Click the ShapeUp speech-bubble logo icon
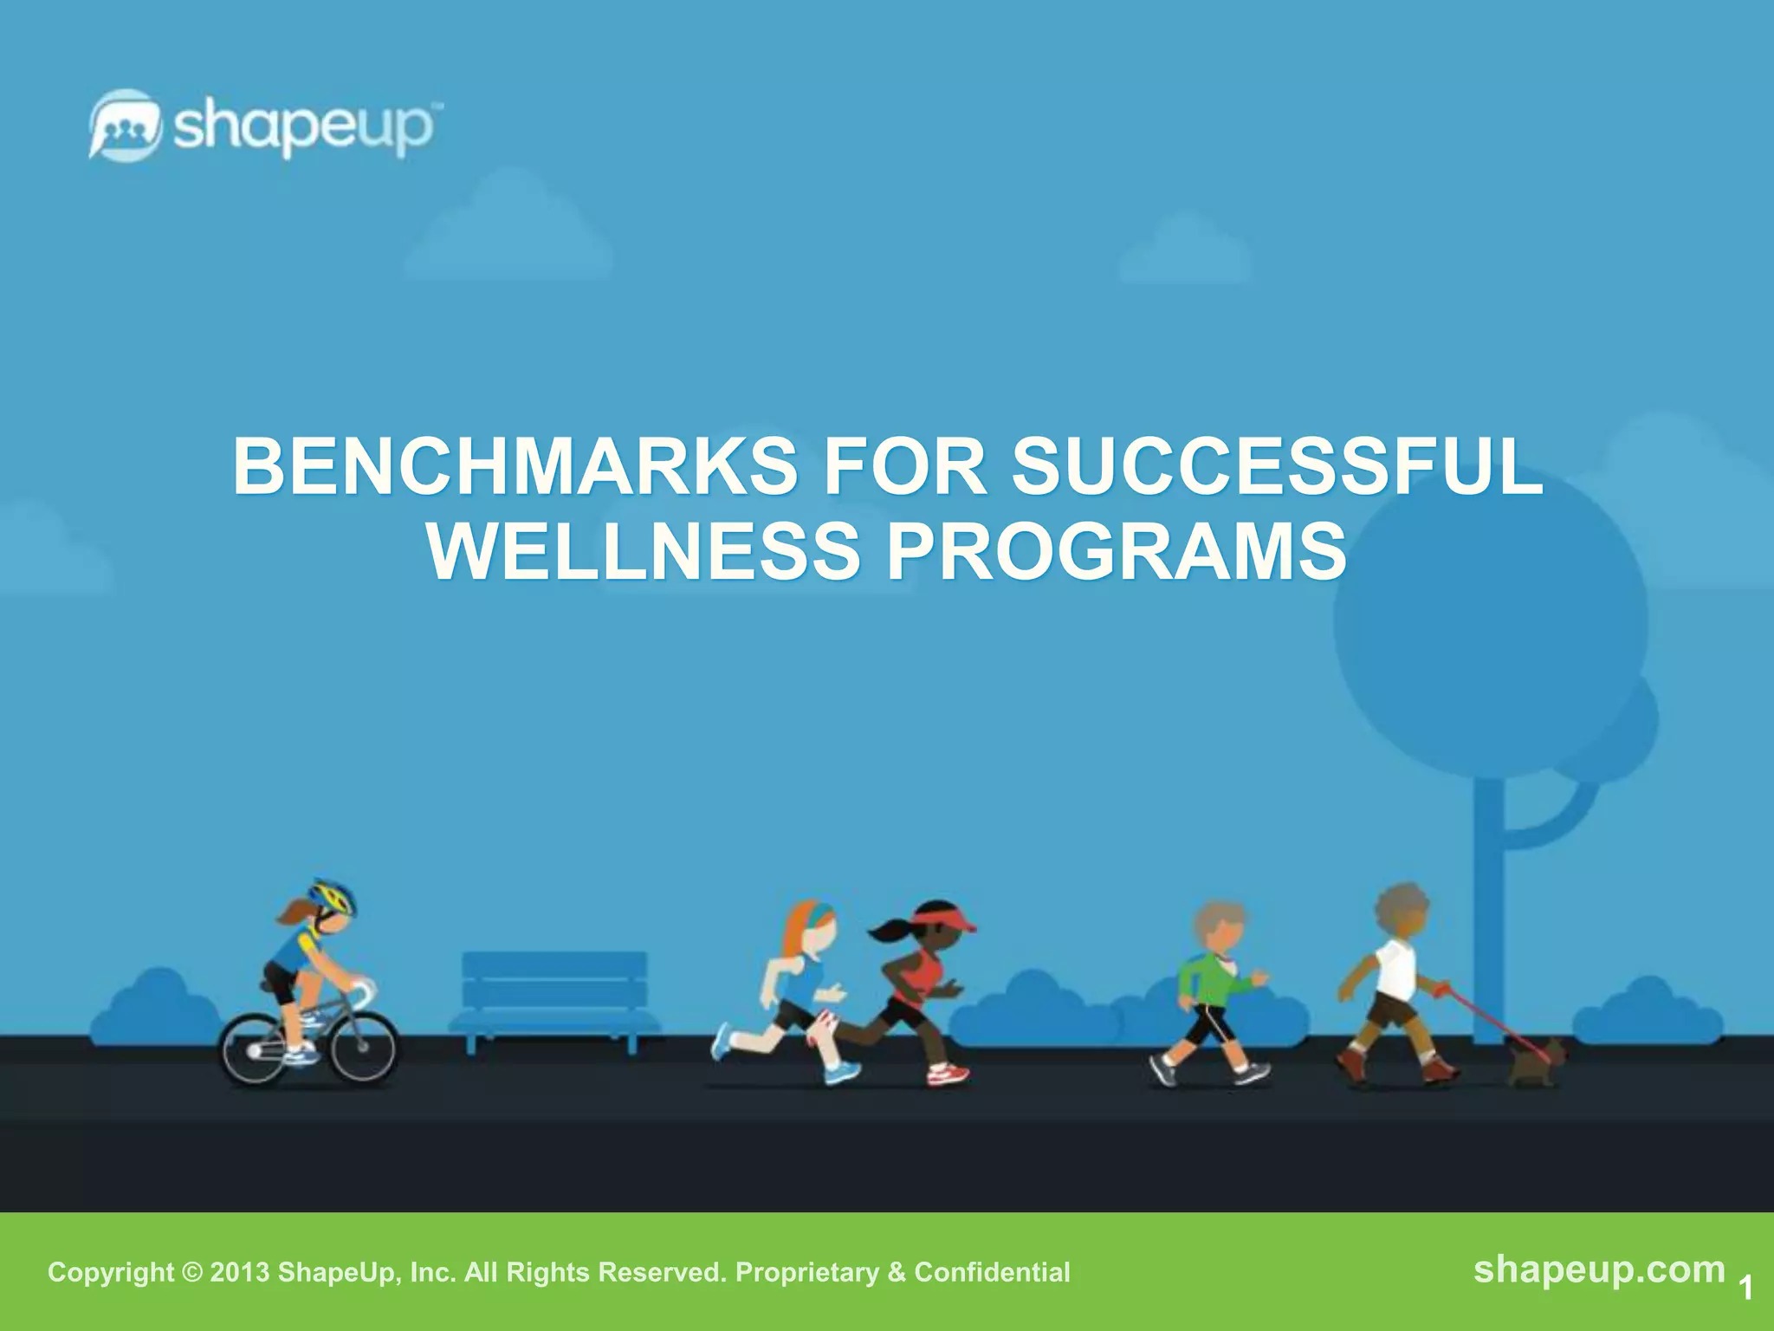(125, 125)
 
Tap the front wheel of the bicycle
(364, 1049)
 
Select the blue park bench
(554, 997)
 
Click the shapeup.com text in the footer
(1599, 1269)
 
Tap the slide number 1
(1745, 1288)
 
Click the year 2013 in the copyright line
(240, 1272)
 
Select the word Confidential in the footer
(992, 1272)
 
